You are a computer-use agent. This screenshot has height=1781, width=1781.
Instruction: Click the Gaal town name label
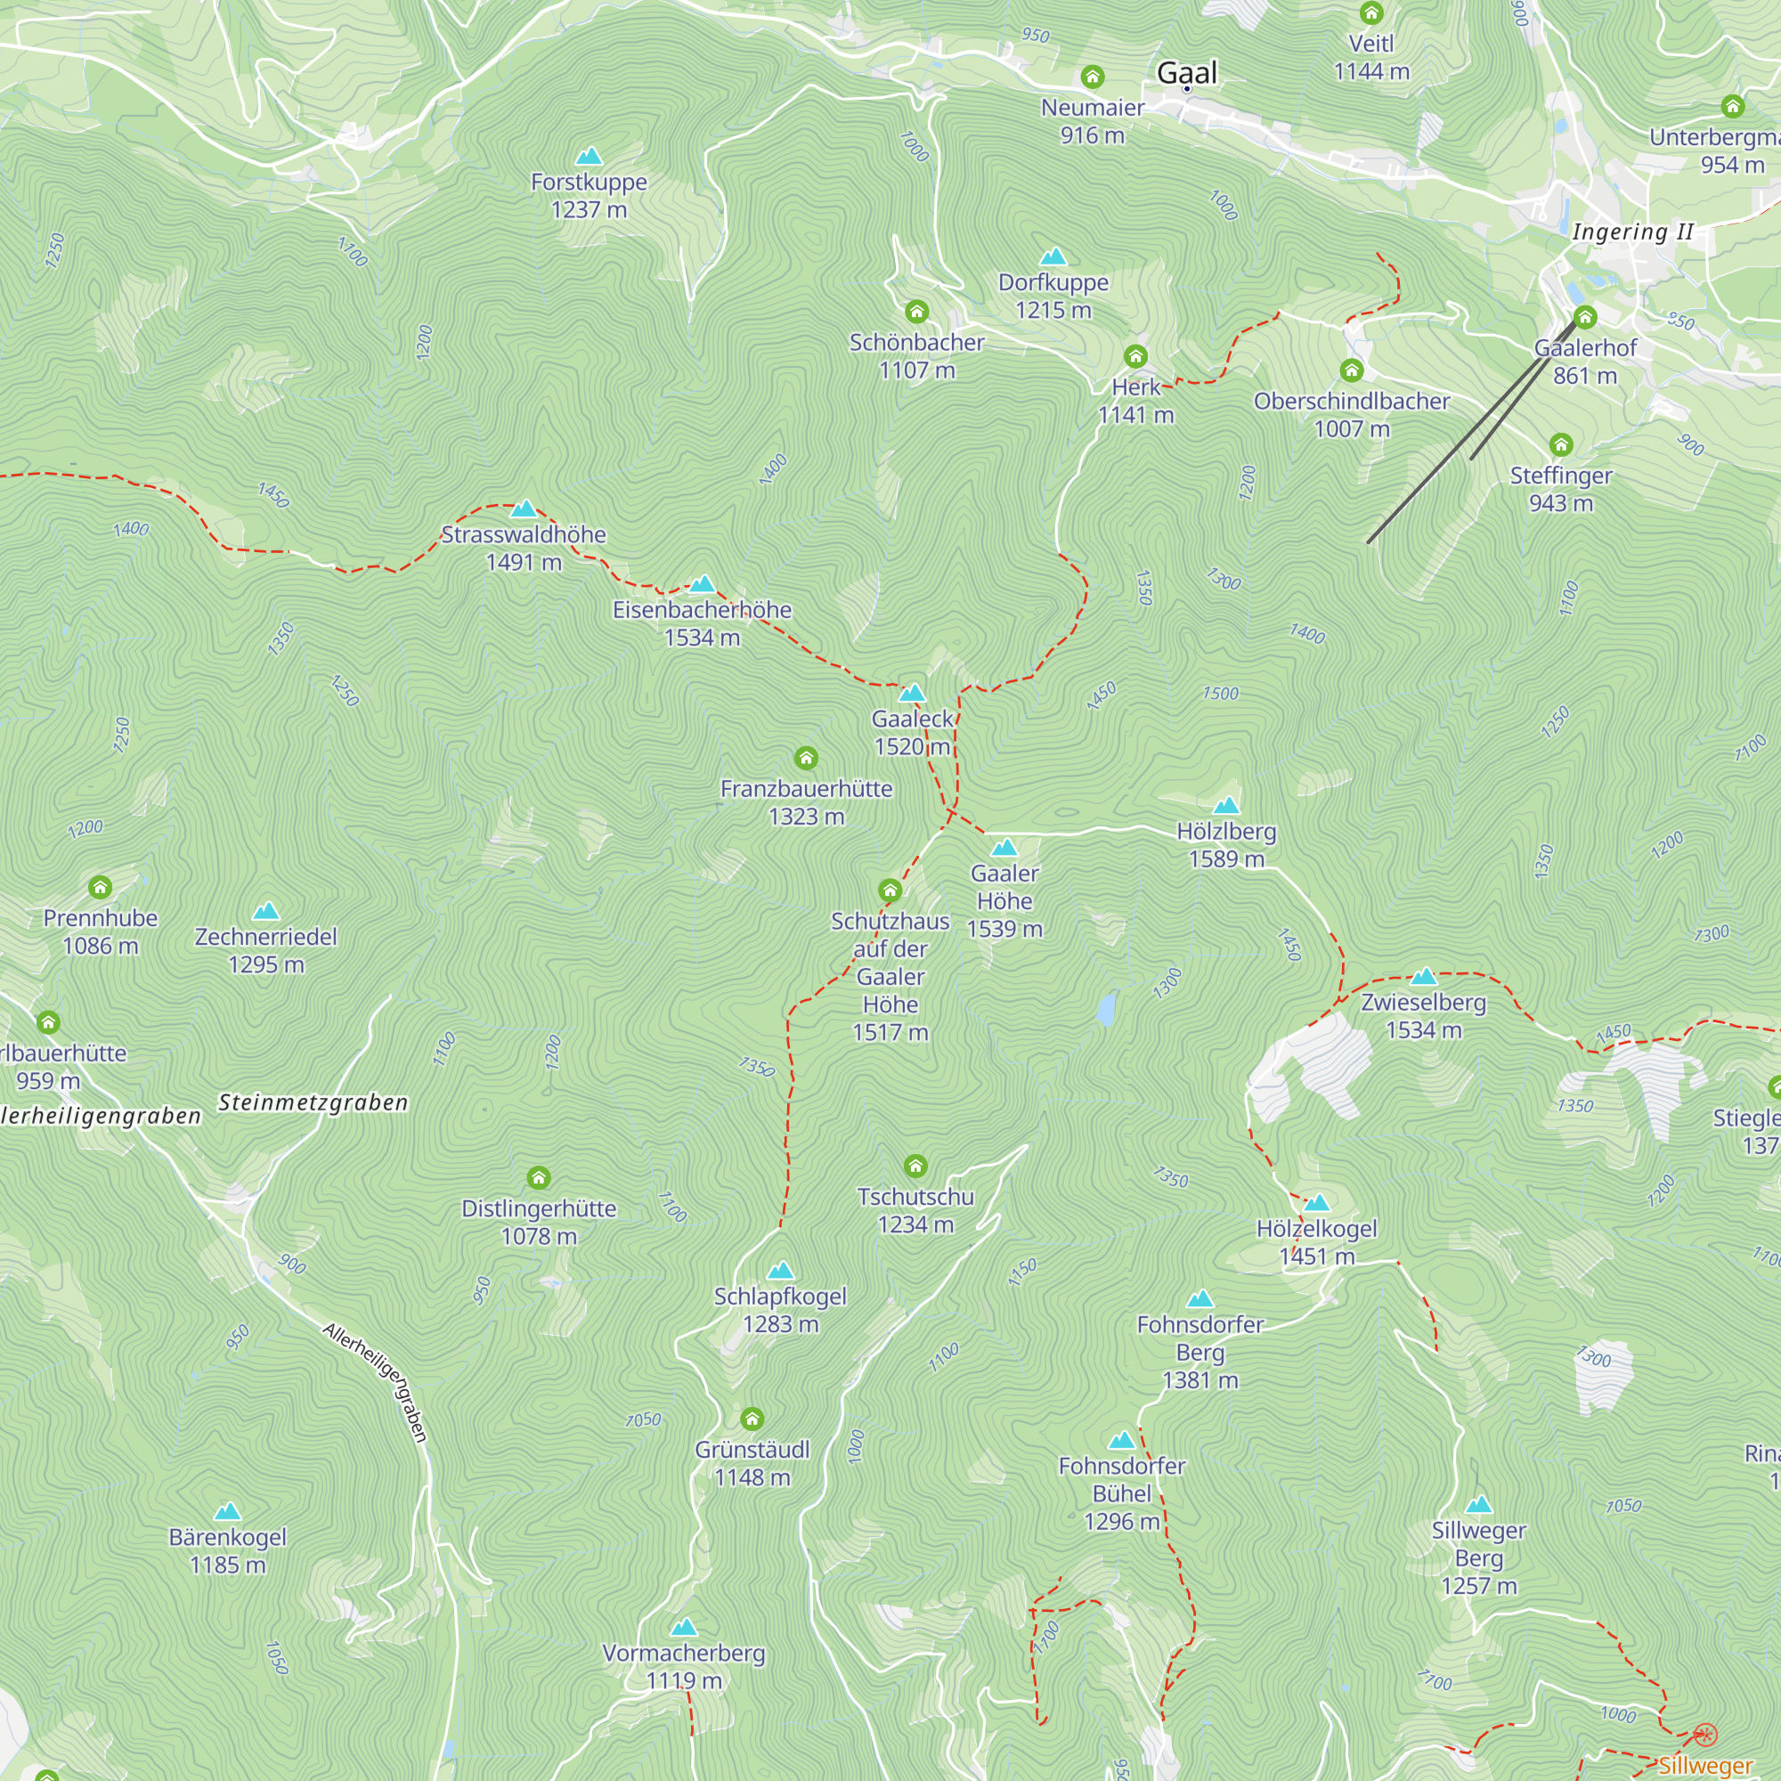1186,72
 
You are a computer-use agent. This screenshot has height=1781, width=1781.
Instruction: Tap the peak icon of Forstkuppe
589,156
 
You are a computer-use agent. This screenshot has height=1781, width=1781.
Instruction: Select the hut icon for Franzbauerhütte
806,758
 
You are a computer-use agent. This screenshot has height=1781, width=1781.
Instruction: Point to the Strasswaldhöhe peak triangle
524,508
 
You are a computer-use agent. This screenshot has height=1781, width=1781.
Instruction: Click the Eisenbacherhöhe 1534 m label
703,623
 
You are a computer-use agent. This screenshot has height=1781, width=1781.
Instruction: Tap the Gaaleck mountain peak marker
912,692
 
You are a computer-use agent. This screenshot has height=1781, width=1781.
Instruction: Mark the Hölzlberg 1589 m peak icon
1226,805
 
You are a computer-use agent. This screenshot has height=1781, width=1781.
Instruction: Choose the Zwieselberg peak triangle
1423,976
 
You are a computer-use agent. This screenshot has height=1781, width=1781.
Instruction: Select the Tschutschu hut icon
915,1167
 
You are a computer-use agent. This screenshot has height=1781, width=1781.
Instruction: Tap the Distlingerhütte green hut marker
539,1177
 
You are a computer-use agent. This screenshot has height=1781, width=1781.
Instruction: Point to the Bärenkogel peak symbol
228,1511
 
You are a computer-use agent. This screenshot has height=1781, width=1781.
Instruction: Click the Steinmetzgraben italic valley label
313,1102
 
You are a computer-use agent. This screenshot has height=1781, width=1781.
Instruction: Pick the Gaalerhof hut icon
1585,317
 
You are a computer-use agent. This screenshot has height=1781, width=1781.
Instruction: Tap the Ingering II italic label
1632,232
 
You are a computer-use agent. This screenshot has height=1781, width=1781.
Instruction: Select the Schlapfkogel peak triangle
780,1271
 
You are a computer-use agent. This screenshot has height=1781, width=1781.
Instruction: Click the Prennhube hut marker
101,887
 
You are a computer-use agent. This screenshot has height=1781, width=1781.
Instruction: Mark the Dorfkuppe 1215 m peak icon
1053,256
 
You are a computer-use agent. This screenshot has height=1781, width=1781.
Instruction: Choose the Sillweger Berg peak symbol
1478,1504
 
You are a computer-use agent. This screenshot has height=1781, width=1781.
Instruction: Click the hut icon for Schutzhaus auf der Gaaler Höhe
890,890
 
